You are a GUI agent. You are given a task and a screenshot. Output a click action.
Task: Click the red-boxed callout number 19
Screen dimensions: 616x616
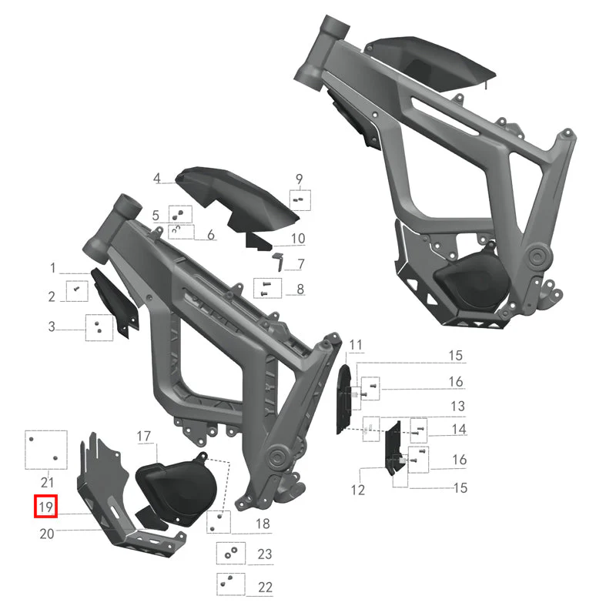tap(45, 507)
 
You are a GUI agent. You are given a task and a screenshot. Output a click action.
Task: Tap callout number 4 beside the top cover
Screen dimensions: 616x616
tap(157, 178)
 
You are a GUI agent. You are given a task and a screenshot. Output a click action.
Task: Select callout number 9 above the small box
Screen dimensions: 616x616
tap(300, 179)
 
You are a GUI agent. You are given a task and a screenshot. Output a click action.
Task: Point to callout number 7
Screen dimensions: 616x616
tap(301, 264)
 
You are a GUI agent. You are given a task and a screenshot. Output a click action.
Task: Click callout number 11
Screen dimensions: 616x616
tap(356, 345)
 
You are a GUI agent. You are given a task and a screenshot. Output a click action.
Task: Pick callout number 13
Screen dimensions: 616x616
tap(457, 407)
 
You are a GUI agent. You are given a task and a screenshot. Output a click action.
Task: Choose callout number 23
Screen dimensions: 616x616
tap(264, 554)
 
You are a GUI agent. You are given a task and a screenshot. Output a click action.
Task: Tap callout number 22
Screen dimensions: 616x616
tap(265, 588)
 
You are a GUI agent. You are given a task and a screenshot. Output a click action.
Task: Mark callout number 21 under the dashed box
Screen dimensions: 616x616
tap(47, 483)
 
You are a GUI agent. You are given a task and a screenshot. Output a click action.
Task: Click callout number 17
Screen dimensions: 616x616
tap(143, 436)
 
